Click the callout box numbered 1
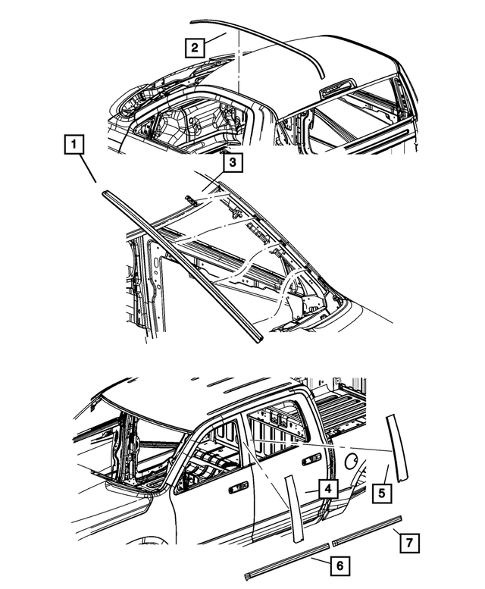tap(74, 143)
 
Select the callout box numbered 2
tap(196, 47)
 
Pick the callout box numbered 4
tap(327, 490)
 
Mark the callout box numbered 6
tap(339, 565)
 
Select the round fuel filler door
tap(352, 459)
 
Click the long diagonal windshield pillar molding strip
tap(182, 261)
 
